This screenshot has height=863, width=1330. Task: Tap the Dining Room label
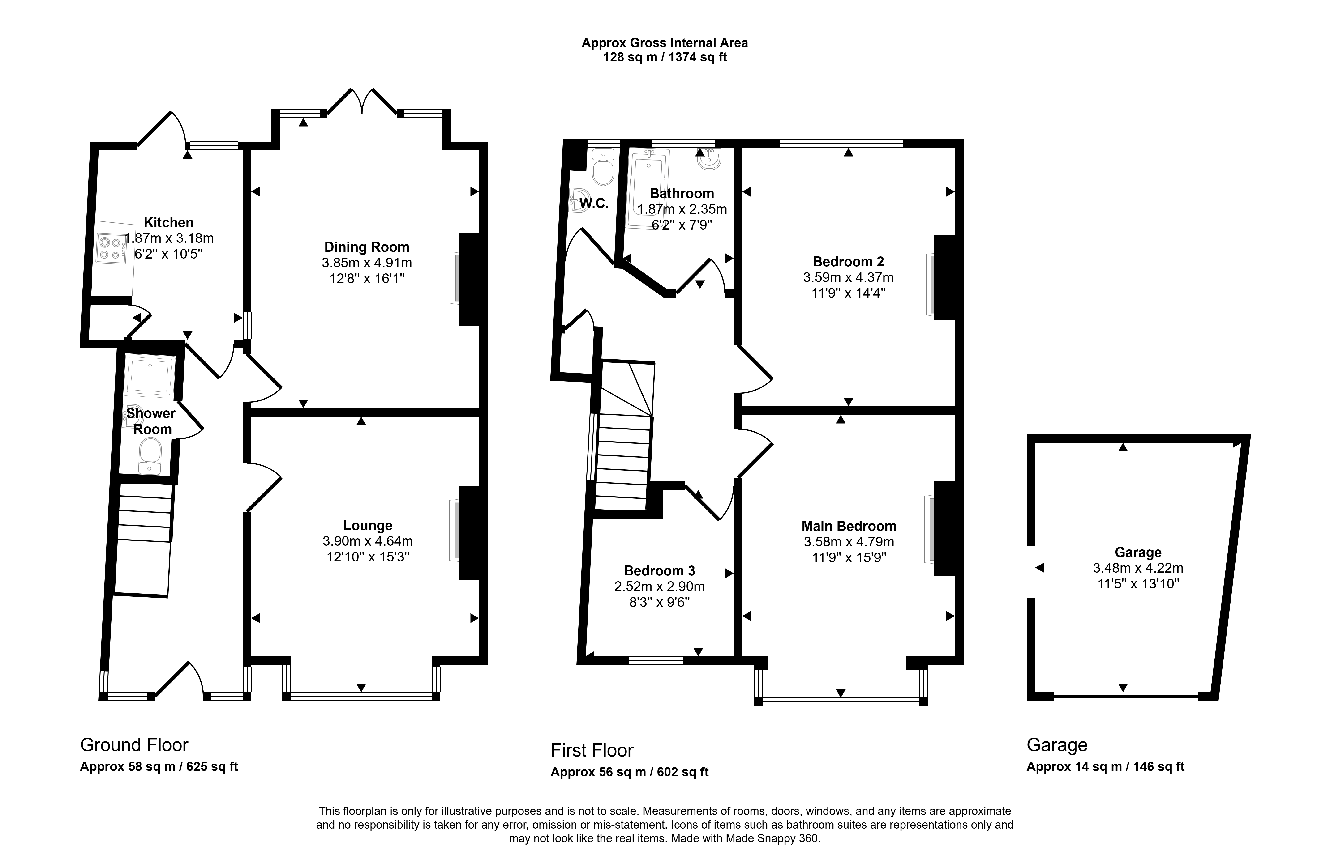367,247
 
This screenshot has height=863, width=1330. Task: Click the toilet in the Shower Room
150,456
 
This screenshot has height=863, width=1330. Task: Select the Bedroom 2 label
848,261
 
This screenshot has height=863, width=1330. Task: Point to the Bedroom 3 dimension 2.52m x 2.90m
659,587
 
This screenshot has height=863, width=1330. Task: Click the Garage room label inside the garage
1138,553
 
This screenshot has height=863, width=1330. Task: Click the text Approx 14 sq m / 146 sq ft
1105,766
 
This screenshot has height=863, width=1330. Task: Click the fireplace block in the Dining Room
469,279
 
